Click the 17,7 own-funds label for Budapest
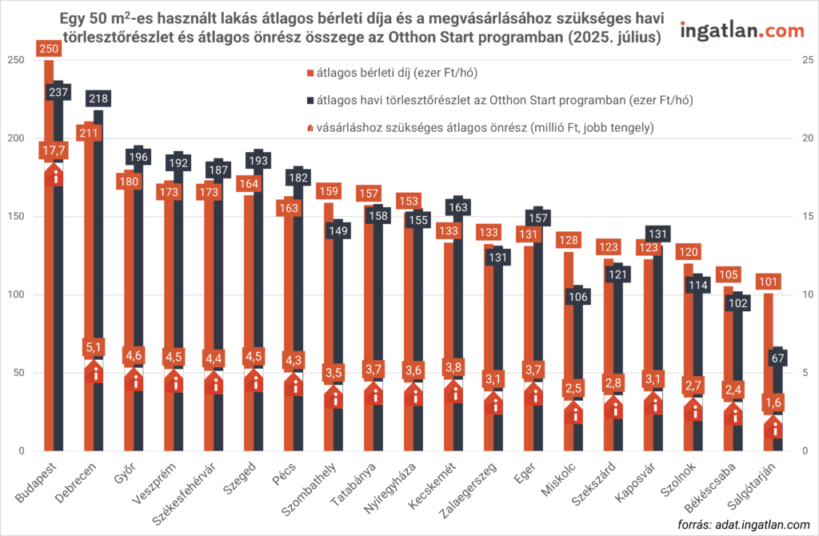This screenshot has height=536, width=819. click(x=54, y=151)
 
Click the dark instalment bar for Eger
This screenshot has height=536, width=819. click(x=538, y=336)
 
